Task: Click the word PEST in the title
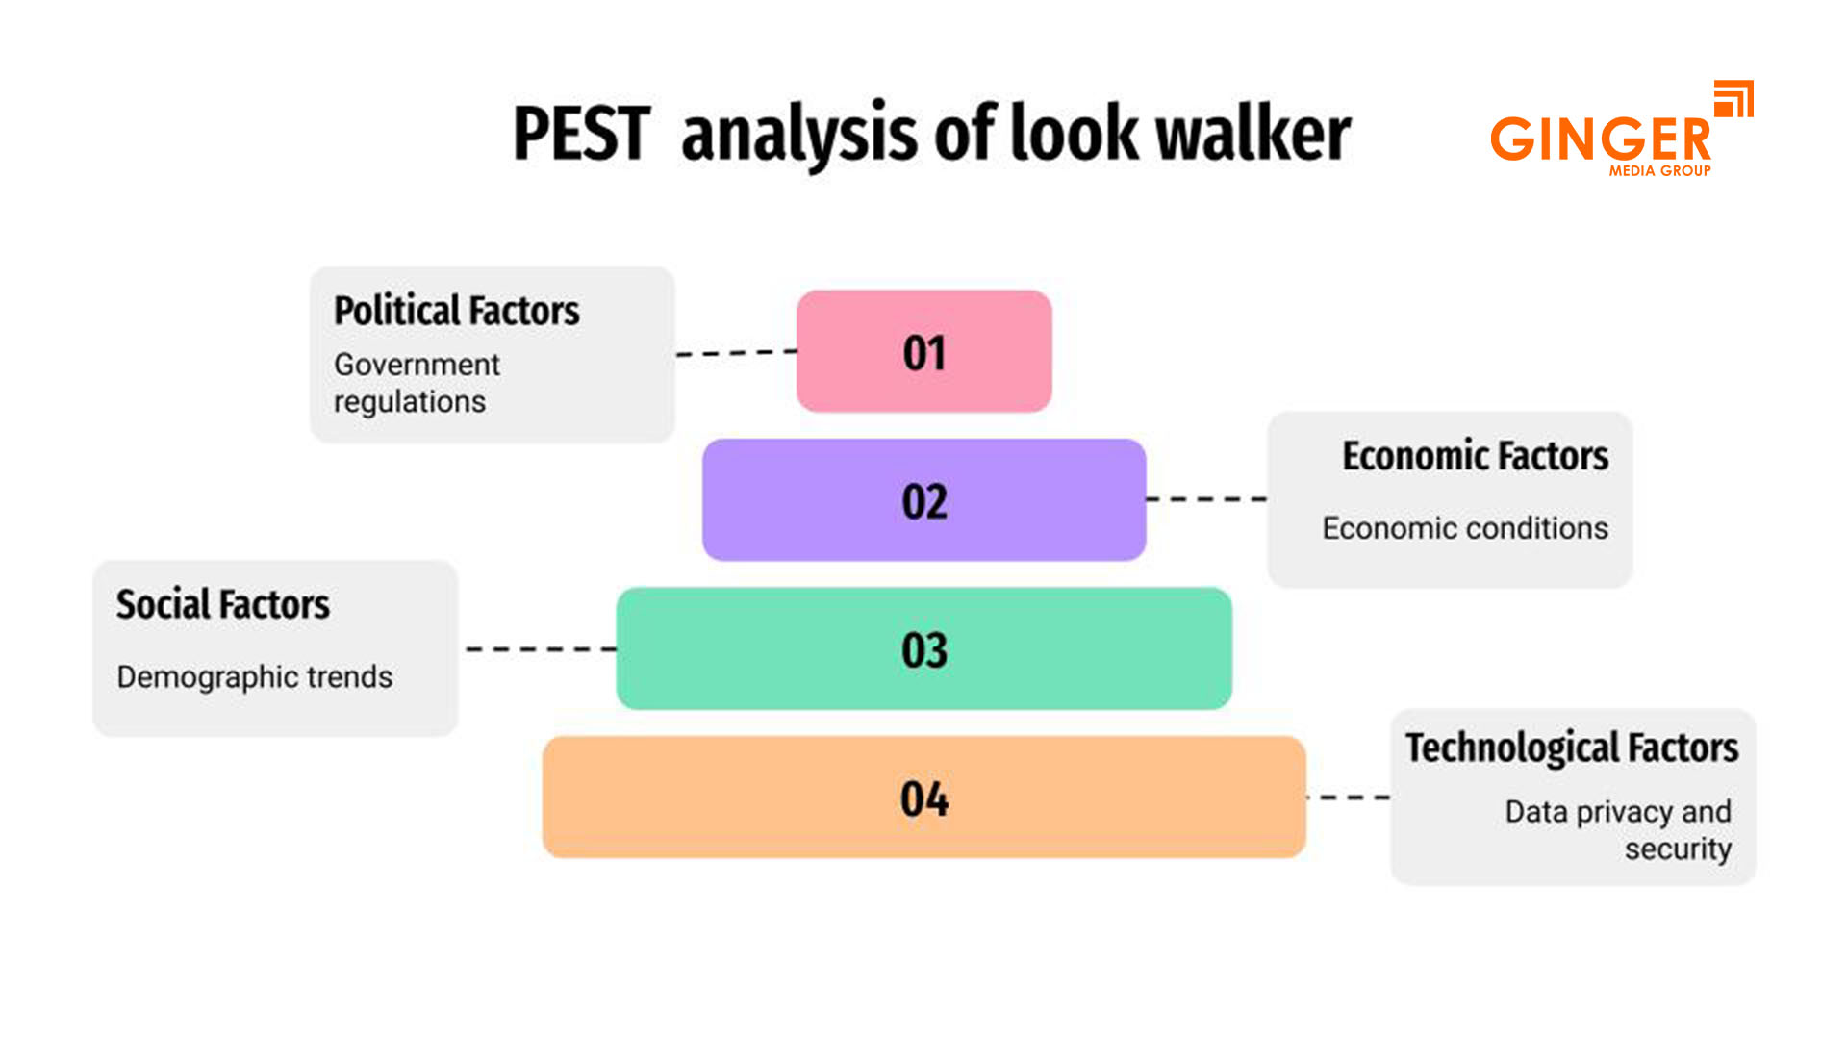(581, 134)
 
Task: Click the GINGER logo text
(1600, 139)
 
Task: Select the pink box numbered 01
(923, 352)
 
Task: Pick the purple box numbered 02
(923, 500)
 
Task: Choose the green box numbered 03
(923, 649)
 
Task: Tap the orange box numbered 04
(923, 798)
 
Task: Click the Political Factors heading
(456, 311)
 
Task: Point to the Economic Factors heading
(1475, 456)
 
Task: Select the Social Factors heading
(223, 605)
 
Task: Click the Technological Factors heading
(1572, 748)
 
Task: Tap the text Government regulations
(416, 383)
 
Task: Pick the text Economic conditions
(1464, 528)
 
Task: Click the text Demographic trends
(255, 677)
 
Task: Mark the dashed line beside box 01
(736, 353)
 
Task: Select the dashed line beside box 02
(1206, 499)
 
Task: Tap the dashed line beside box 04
(1349, 798)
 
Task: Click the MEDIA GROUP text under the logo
(1659, 171)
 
